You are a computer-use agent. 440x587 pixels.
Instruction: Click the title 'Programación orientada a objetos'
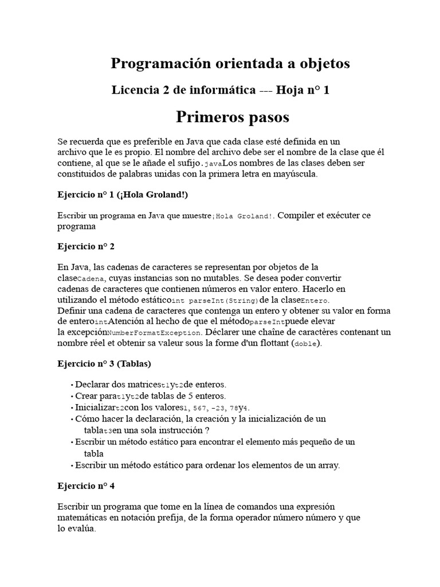tap(230, 64)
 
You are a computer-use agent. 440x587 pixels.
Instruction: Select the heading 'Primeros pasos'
tap(232, 117)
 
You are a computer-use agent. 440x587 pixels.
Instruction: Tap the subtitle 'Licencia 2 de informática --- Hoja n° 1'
tap(221, 90)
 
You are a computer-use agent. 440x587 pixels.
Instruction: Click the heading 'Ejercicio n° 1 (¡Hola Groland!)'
tap(122, 194)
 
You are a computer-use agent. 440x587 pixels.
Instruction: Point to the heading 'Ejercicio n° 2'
tap(86, 246)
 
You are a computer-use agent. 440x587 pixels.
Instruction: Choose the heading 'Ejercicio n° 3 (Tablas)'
tap(104, 363)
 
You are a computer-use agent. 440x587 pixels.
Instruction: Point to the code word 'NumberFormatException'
tap(155, 332)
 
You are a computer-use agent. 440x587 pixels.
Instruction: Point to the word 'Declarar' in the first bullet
tap(92, 385)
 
